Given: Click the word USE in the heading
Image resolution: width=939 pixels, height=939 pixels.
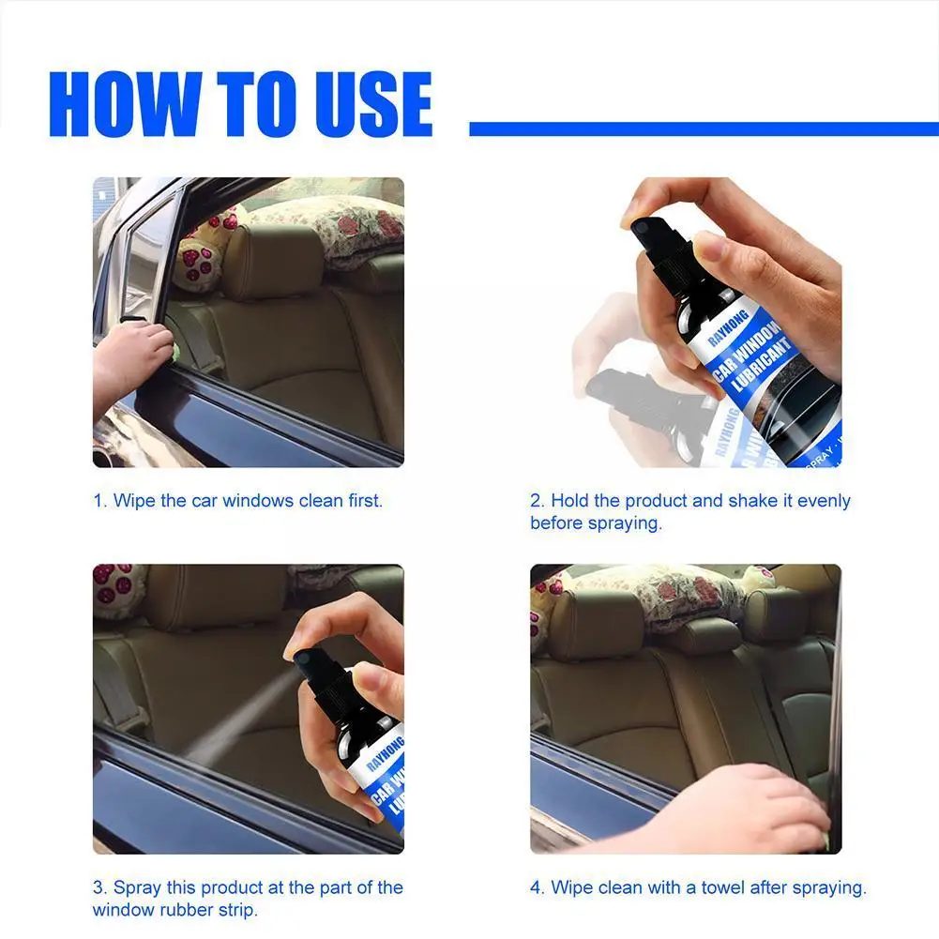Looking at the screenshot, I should tap(371, 103).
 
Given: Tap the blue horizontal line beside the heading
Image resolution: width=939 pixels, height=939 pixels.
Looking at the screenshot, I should tap(704, 129).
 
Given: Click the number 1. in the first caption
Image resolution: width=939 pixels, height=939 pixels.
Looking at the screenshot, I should tap(100, 501).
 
